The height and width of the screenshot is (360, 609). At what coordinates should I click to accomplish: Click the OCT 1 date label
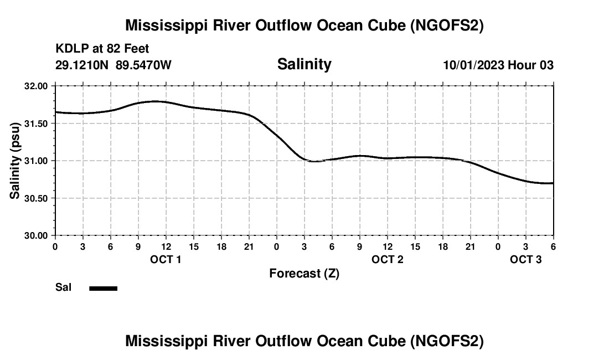pyautogui.click(x=166, y=259)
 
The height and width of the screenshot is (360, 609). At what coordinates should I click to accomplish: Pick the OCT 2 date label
pyautogui.click(x=387, y=259)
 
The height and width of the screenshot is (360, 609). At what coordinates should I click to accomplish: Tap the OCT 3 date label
pyautogui.click(x=525, y=259)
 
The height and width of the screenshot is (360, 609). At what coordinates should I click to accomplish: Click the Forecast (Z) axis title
pyautogui.click(x=304, y=274)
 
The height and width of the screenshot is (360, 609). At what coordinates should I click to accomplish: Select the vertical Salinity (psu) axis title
pyautogui.click(x=16, y=161)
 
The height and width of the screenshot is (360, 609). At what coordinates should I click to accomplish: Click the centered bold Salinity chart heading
pyautogui.click(x=304, y=64)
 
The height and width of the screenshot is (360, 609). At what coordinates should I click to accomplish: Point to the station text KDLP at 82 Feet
pyautogui.click(x=102, y=49)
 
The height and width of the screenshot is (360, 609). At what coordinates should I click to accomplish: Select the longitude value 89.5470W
pyautogui.click(x=143, y=65)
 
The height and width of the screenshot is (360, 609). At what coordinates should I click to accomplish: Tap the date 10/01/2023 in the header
pyautogui.click(x=473, y=65)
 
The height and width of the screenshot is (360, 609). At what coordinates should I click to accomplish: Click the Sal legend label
pyautogui.click(x=63, y=287)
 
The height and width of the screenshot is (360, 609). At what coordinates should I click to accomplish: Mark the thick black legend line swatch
pyautogui.click(x=103, y=288)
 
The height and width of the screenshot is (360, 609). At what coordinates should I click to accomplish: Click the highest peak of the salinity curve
pyautogui.click(x=155, y=101)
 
